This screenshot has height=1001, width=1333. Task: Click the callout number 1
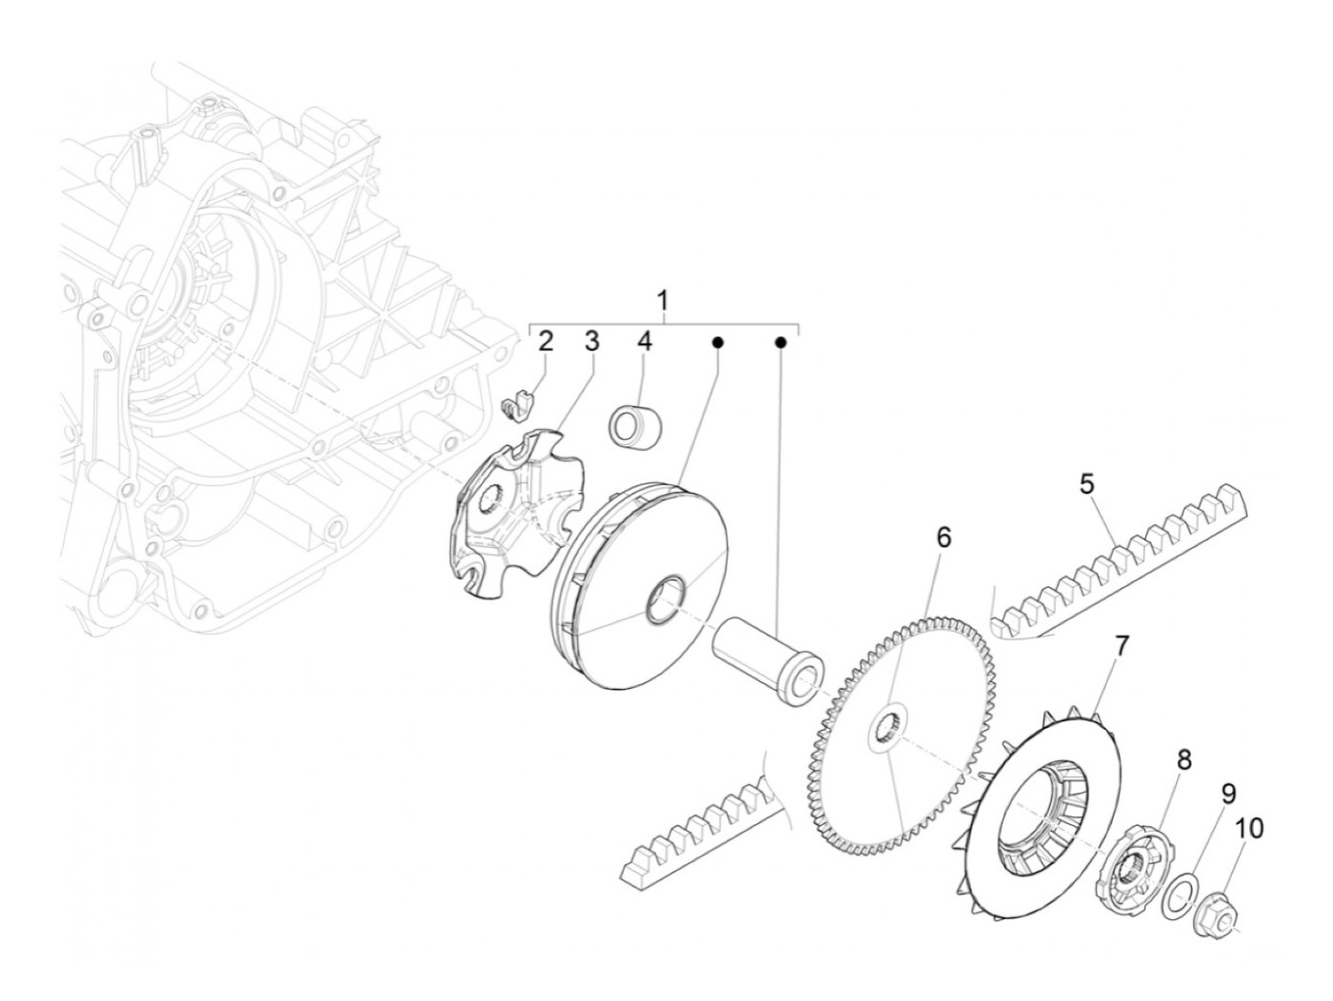(x=664, y=301)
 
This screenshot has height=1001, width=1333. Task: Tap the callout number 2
(x=546, y=342)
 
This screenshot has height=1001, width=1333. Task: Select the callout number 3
(x=591, y=342)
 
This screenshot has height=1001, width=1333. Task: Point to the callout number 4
(x=645, y=342)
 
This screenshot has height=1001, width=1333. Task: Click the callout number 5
(x=1087, y=484)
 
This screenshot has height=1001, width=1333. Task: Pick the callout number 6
(x=943, y=538)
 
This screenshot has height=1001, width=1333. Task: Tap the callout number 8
(x=1184, y=759)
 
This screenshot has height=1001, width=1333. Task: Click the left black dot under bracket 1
(x=719, y=341)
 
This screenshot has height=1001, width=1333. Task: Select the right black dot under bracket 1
(x=781, y=341)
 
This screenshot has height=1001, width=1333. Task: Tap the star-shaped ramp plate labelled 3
(x=514, y=514)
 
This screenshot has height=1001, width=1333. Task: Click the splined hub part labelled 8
(x=1134, y=864)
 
